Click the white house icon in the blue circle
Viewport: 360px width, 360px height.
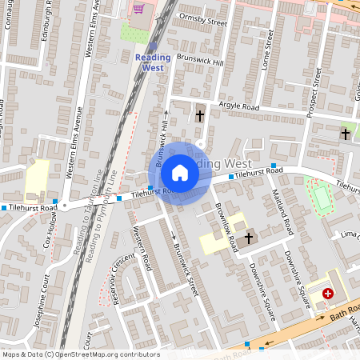180,173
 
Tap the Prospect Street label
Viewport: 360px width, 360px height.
314,92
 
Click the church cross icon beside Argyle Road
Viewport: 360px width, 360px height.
200,116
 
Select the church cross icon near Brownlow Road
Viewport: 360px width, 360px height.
249,238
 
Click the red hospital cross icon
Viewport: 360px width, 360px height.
328,294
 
